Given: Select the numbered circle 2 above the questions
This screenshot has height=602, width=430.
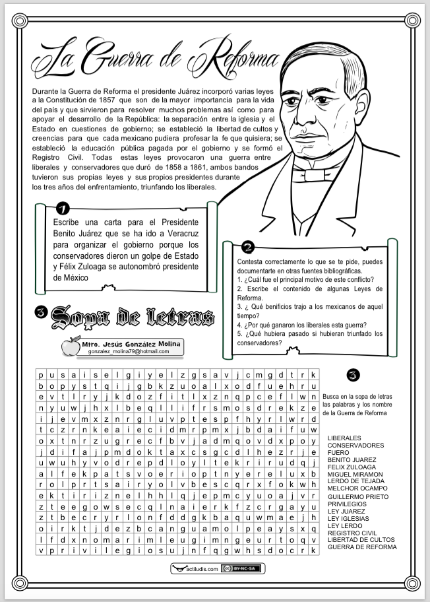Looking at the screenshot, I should [x=248, y=248].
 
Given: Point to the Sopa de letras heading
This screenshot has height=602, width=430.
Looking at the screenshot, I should [x=132, y=317].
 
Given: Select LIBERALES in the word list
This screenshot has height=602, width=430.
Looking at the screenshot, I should [x=344, y=438].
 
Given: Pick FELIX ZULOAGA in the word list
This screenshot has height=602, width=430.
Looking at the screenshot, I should [x=352, y=467].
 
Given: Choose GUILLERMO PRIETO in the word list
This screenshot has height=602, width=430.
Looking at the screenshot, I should [x=358, y=496].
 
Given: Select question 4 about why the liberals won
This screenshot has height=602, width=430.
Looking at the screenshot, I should [x=302, y=325].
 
